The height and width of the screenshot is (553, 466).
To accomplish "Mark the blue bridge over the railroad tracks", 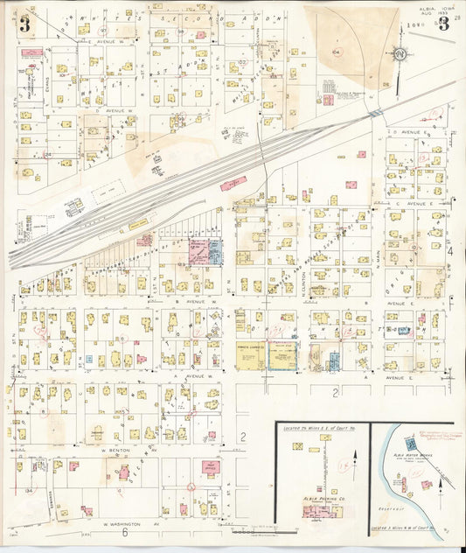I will coord(374,113).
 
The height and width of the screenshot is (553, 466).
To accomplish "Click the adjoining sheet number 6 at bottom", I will coord(126,532).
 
